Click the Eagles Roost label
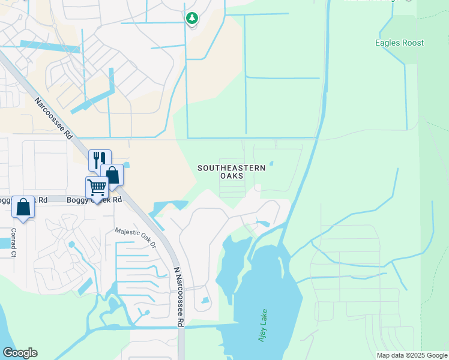point(399,43)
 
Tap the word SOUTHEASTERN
point(231,168)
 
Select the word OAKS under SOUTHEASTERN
point(232,176)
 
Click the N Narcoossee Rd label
point(178,297)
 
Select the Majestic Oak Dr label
point(135,238)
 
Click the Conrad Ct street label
point(13,242)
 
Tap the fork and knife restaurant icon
point(100,160)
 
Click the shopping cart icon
point(97,187)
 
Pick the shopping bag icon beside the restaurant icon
point(112,175)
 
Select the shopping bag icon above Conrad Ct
point(23,208)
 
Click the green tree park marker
point(191,19)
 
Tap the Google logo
point(20,353)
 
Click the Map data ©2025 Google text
point(411,355)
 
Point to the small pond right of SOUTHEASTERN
point(271,163)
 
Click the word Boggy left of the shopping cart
point(77,200)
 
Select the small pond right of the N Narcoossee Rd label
point(205,300)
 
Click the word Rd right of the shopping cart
point(116,200)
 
